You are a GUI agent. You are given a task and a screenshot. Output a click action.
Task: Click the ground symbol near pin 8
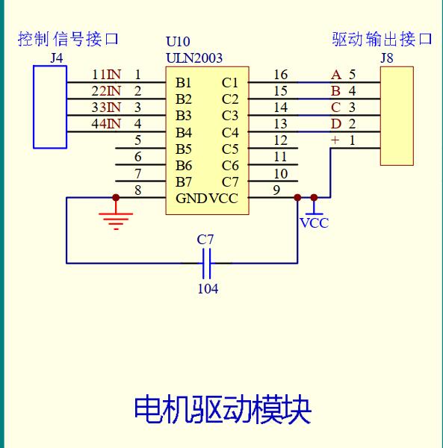tap(116, 218)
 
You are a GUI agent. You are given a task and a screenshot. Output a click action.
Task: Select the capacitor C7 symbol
tap(207, 263)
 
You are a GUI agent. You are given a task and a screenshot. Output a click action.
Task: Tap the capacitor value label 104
tap(208, 288)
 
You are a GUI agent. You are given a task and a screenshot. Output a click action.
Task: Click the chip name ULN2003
tap(193, 57)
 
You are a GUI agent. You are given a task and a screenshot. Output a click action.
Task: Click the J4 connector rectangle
tap(50, 106)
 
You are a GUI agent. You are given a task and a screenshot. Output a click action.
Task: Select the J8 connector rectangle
tap(396, 115)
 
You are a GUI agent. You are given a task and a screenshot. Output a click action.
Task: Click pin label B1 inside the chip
tap(184, 82)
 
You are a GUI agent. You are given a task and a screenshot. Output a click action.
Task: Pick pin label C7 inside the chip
tap(230, 181)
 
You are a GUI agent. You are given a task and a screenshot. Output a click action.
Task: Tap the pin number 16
tap(280, 75)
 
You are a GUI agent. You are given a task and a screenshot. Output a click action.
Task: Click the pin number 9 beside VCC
tap(276, 190)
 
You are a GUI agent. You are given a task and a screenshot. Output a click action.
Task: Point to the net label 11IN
tap(106, 75)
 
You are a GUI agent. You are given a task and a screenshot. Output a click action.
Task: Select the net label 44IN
tap(106, 124)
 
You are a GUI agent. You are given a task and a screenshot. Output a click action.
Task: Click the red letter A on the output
tap(336, 75)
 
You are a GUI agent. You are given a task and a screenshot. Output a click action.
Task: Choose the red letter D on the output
tap(336, 124)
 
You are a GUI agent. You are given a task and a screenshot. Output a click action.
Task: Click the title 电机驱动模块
tap(222, 408)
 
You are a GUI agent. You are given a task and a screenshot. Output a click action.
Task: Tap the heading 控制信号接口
tap(68, 39)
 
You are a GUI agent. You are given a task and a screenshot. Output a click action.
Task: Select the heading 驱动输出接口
tap(382, 39)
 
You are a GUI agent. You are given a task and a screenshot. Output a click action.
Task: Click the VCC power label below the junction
tap(314, 223)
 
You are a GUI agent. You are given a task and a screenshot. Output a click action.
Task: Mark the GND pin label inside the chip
tap(190, 198)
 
